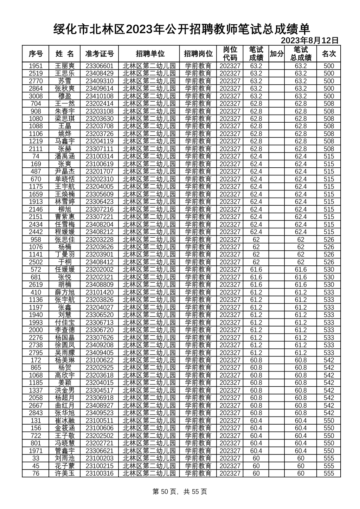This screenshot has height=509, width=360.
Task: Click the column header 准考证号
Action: pos(99,54)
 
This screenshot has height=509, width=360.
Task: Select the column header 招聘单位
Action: pos(150,54)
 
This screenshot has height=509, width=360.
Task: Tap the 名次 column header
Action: pos(329,54)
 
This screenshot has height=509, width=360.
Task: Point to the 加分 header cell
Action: pos(276,54)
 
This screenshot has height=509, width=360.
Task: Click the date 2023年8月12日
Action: pos(309,41)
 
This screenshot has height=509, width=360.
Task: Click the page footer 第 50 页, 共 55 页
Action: pos(180,491)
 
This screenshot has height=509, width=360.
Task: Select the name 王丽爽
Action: pos(65,66)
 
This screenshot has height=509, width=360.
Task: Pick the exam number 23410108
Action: pos(99,96)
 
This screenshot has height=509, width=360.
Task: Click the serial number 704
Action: pos(36,104)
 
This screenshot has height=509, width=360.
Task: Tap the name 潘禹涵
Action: pos(65,156)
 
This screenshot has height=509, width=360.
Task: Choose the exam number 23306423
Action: pos(99,202)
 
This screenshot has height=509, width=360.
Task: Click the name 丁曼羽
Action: pos(65,254)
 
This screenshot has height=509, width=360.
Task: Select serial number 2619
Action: pos(36,285)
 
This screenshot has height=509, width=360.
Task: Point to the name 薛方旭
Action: pos(65,292)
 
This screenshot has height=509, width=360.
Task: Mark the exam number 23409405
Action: pos(99,353)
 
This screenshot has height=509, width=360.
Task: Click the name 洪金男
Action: pos(65,391)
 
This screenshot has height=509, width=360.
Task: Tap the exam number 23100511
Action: pos(99,421)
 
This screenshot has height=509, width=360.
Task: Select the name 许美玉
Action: pos(65,473)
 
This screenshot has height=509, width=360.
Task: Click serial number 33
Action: pos(36,458)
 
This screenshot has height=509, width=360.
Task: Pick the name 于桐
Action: pos(65,262)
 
